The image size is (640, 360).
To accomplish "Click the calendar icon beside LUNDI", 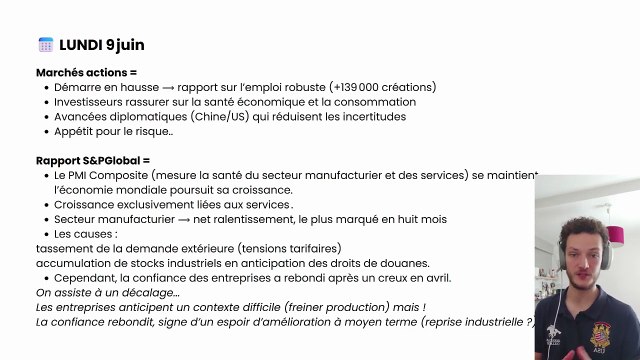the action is [45, 45].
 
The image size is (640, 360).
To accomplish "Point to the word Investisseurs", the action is [90, 102].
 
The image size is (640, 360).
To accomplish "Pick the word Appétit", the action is [75, 131].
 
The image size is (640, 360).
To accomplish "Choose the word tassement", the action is [63, 248].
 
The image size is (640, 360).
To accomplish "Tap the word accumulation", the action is [73, 263].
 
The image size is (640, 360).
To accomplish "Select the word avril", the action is [436, 277].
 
